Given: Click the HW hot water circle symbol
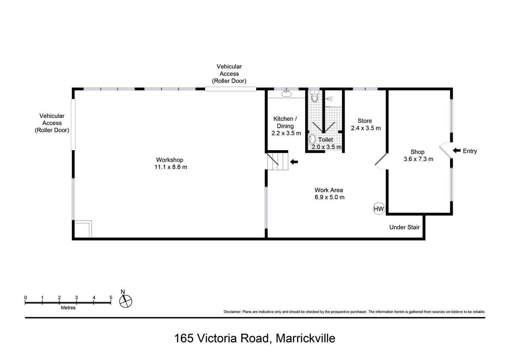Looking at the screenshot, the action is point(379,209).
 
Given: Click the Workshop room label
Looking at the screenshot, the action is point(170,160).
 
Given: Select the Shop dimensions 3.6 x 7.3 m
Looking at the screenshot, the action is point(418,159).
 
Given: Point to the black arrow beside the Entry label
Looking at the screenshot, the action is point(457,151).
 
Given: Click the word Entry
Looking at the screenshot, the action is point(470,151).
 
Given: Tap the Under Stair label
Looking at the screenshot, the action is point(404,227).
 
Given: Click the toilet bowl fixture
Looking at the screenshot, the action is point(314,96).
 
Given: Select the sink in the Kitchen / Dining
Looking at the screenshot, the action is point(286,94).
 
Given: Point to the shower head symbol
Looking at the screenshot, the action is point(330,99).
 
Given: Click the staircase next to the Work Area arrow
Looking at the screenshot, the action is point(278,161).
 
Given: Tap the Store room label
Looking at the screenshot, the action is point(365,121).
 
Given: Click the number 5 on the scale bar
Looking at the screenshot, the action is point(111,297).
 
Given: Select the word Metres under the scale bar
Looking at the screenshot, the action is point(68,308).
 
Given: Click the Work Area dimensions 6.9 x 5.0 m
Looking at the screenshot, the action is point(330,197).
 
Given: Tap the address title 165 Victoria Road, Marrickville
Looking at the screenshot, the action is point(255,338).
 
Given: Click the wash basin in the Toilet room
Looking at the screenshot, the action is point(312,139).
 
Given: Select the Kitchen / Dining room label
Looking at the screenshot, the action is point(285,122).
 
